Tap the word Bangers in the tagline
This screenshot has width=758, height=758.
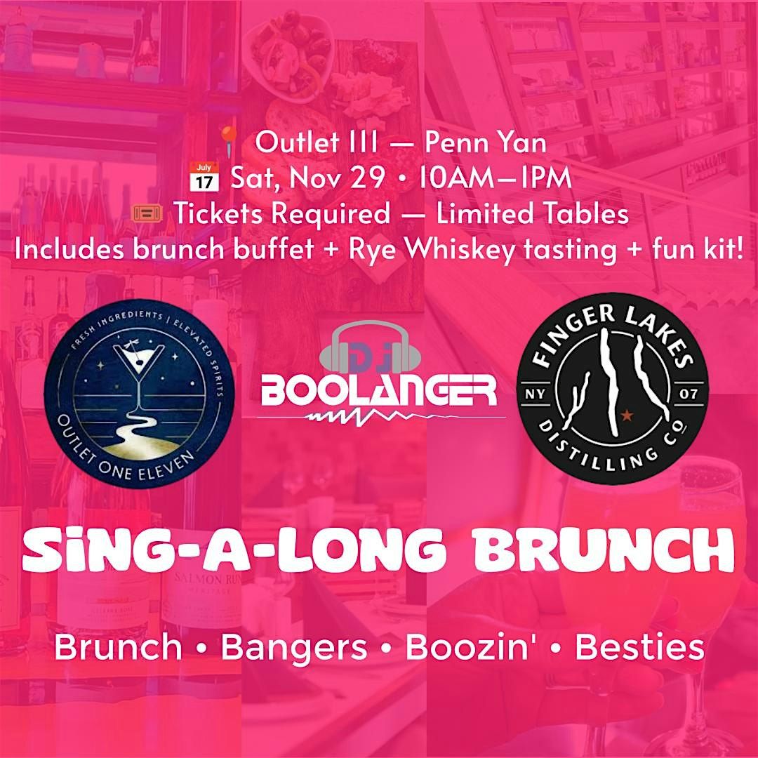294,648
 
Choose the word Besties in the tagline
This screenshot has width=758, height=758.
639,648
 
